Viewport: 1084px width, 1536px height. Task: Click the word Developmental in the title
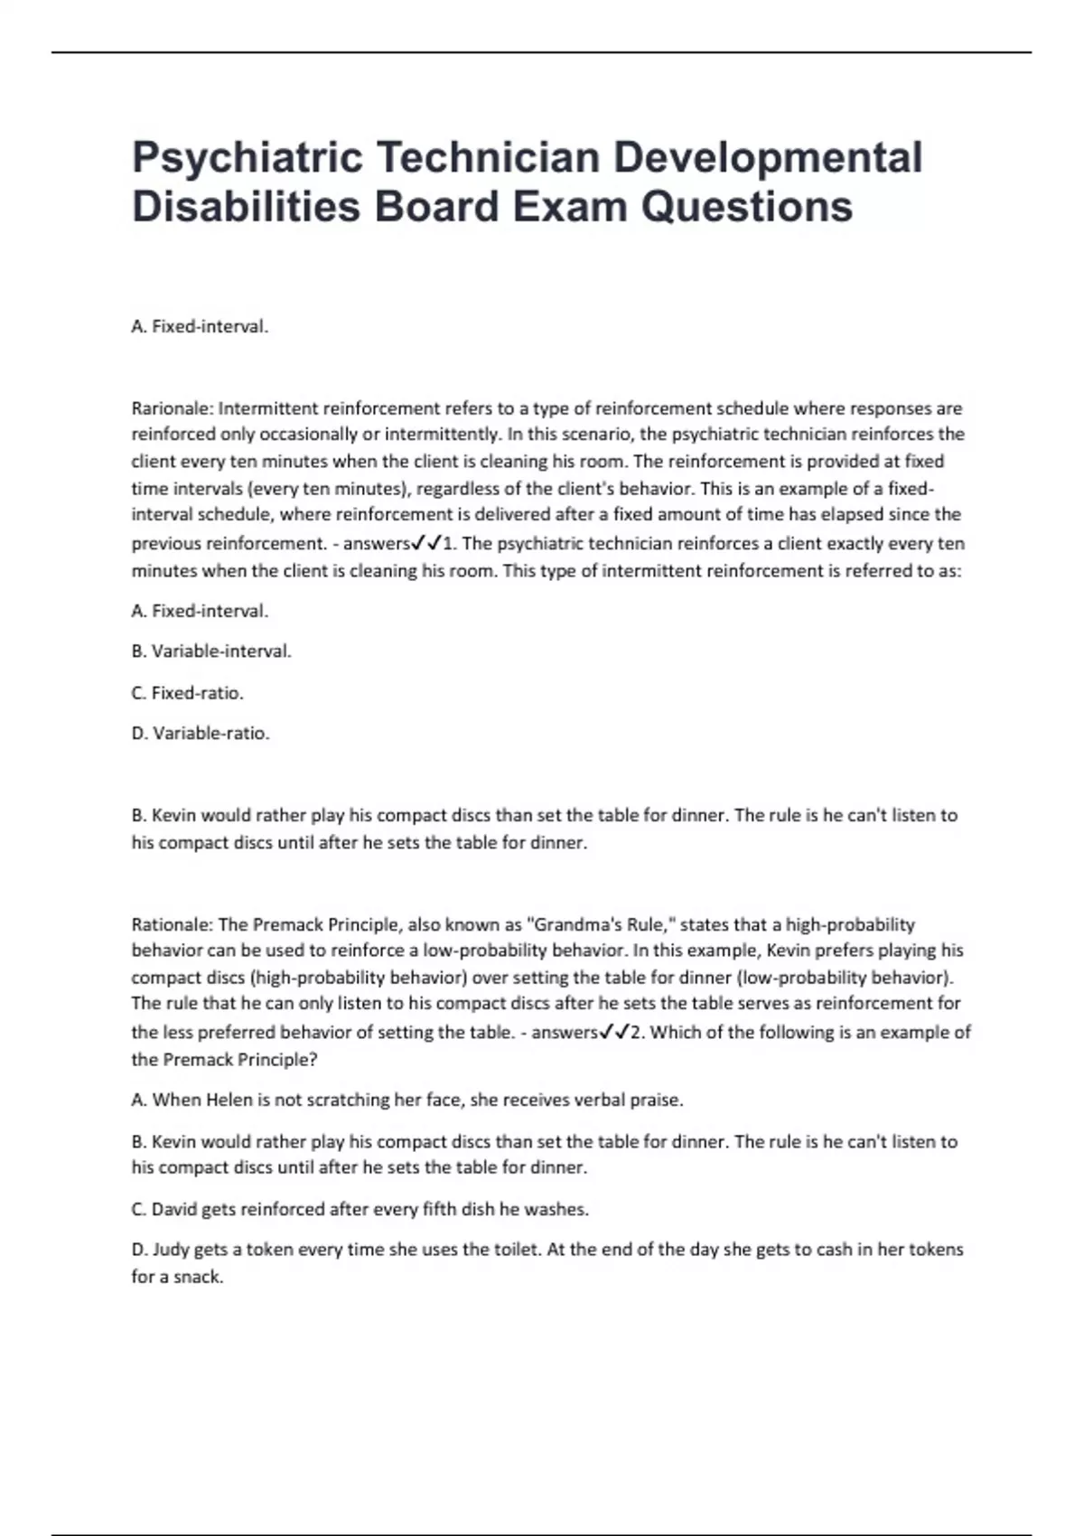pos(768,157)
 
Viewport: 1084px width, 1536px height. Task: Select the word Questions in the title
pos(746,207)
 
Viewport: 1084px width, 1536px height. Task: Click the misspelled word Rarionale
pos(171,408)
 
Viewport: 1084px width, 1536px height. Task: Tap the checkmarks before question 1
pos(425,543)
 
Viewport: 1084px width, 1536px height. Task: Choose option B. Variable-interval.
pos(211,651)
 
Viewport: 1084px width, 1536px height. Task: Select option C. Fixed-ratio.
pos(188,693)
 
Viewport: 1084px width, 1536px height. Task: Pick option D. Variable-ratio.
pos(201,734)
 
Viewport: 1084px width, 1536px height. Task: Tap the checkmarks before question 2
pos(613,1032)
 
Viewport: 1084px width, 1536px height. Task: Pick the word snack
pos(200,1277)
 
